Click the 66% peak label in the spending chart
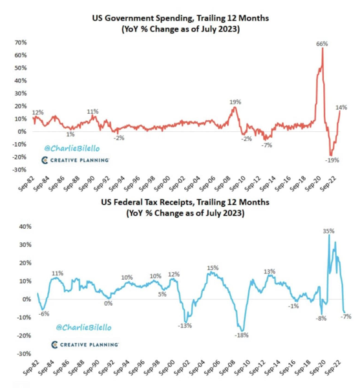pos(322,44)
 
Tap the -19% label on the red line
pos(332,160)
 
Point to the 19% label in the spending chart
pos(235,102)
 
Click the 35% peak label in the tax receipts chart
pos(328,230)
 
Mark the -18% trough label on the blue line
pos(242,335)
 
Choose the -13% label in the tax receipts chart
pos(185,325)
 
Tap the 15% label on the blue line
pos(213,268)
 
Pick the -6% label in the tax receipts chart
pos(44,314)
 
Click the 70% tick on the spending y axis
pos(20,43)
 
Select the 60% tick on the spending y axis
pos(20,56)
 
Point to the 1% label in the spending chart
pos(70,134)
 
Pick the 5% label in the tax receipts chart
pos(162,295)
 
